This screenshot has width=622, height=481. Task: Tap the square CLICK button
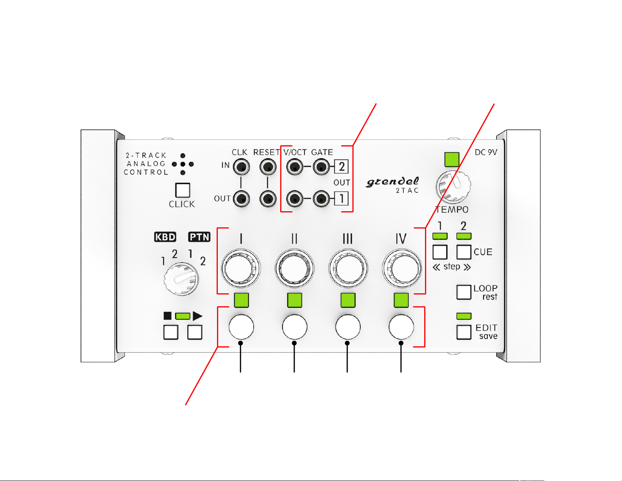click(182, 190)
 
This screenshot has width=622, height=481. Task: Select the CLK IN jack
click(241, 166)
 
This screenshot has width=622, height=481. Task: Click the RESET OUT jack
click(268, 199)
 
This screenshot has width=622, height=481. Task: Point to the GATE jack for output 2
click(321, 166)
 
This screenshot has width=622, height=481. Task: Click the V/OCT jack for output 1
click(295, 199)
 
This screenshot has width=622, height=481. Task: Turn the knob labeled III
click(348, 268)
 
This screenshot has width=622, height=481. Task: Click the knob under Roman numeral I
click(241, 268)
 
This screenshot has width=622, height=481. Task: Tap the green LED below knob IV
click(401, 300)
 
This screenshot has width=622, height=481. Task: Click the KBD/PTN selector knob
click(181, 280)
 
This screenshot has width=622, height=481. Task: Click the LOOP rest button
click(464, 292)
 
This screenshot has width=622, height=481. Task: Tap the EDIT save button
click(464, 332)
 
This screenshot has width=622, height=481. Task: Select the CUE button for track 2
click(464, 252)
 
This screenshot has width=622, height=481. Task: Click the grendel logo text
click(392, 182)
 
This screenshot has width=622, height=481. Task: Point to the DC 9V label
click(486, 152)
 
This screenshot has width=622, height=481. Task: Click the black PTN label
click(199, 237)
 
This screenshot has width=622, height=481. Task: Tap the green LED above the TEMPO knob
click(452, 159)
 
